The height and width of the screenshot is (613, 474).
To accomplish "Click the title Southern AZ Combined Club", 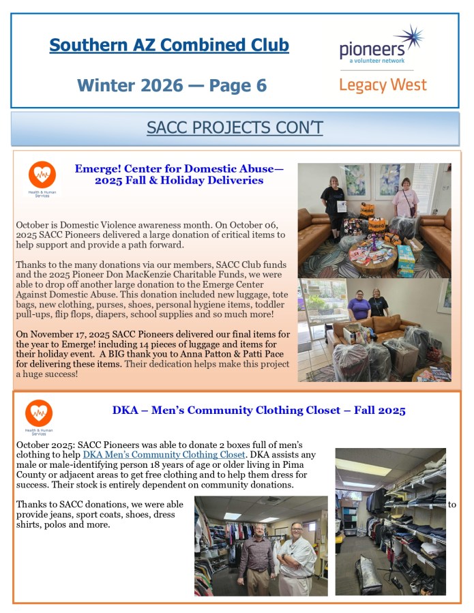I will coord(169,46).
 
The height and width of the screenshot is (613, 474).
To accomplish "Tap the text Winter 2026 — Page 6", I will coord(172,85).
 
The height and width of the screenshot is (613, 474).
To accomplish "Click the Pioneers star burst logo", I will coord(409,39).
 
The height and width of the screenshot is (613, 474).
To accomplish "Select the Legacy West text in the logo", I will coord(383,85).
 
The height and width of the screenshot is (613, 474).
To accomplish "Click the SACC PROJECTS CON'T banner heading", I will coord(235,128).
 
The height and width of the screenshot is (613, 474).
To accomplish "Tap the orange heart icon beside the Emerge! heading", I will coord(42,175).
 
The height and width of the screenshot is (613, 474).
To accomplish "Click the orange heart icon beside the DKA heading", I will coord(39,413).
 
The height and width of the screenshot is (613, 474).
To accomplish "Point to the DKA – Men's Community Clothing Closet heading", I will coord(258,410).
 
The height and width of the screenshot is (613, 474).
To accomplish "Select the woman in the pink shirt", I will coord(406,198).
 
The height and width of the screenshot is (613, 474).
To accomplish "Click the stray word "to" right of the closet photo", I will coord(451,505).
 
